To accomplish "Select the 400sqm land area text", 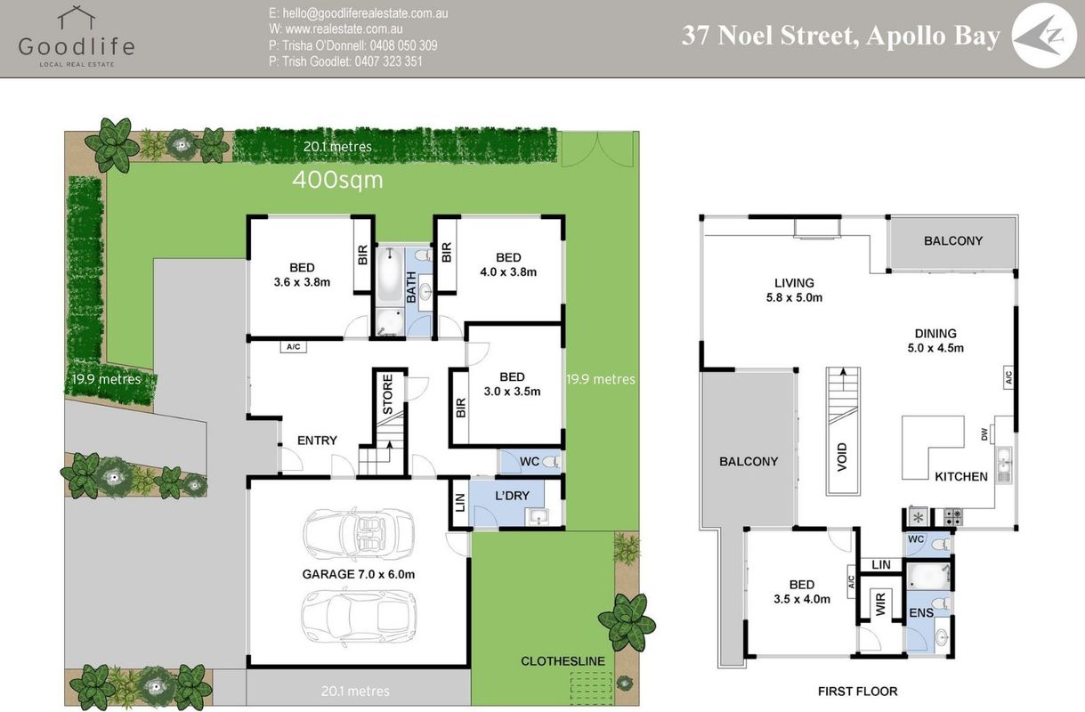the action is point(337,180).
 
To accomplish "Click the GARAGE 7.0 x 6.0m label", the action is point(359,574).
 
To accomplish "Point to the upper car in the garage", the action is point(359,534).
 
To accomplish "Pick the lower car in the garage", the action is point(359,615).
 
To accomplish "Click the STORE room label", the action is point(388,393).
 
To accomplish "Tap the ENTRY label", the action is point(317,441).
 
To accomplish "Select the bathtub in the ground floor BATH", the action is point(390,276).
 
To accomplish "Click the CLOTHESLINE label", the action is point(563,661).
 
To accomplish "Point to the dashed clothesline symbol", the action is point(591,687).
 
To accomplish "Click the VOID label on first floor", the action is point(842,457).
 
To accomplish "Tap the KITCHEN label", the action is point(961,477).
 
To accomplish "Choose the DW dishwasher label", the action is point(984,434).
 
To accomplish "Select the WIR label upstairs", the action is point(880,604).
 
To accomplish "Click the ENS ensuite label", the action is point(921,612).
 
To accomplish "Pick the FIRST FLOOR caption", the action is point(858,692).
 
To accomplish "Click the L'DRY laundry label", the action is point(512,496).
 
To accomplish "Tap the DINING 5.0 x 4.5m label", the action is point(935,341).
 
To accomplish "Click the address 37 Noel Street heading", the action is point(841,36).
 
